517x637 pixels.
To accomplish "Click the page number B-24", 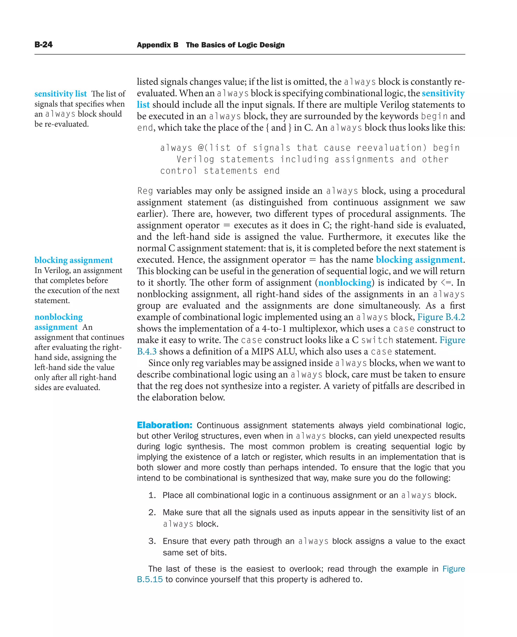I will tap(43, 45).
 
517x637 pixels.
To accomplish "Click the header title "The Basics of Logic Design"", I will tap(235, 45).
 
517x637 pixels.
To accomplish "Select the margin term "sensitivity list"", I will tap(60, 94).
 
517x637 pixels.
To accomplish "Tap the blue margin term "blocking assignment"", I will tap(73, 260).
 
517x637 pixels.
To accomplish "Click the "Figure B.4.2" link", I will tap(441, 317).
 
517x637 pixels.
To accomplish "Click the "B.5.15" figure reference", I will tap(149, 579).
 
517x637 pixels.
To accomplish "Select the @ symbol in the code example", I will tap(201, 148).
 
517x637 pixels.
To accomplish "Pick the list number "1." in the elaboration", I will tap(152, 495).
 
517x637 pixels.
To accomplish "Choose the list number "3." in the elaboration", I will tap(152, 541).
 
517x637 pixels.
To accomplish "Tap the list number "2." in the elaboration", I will tap(152, 512).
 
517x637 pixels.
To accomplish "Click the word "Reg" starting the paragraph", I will tap(145, 191).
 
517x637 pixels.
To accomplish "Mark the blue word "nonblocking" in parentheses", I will tap(345, 283).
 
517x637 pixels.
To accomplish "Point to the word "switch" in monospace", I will tap(377, 340).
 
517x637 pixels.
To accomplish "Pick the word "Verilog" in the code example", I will tap(195, 159).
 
